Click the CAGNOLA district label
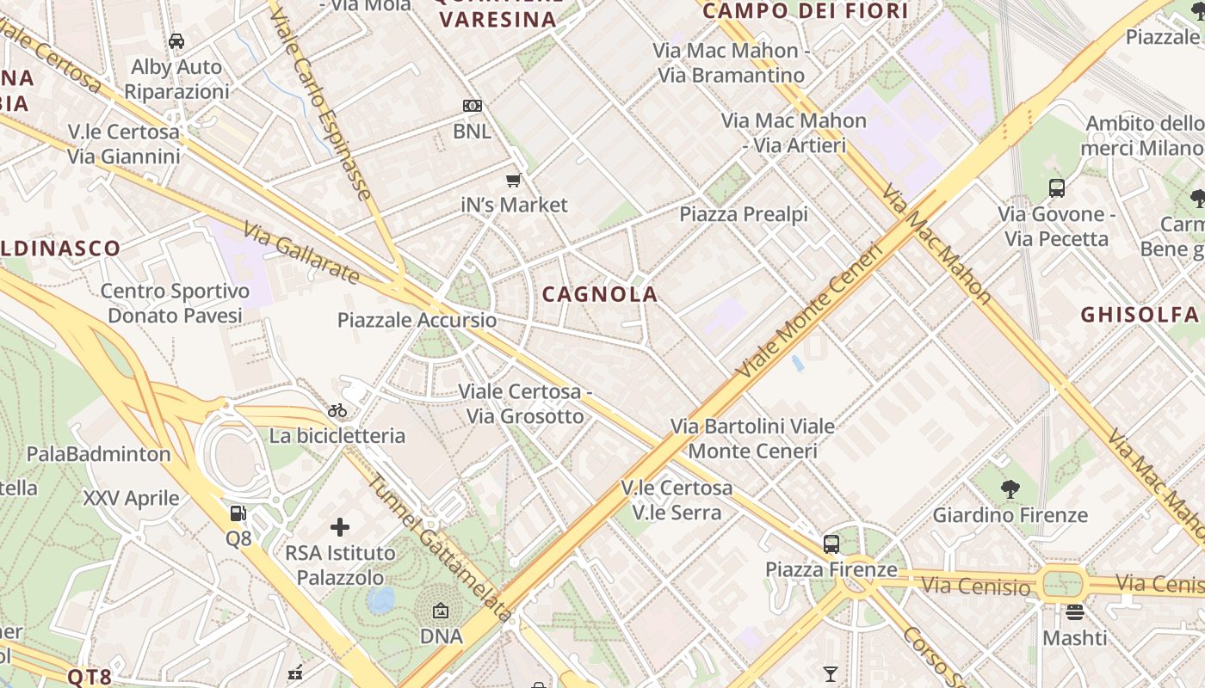(600, 294)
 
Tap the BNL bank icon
(472, 106)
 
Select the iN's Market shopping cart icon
(514, 180)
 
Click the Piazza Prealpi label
(744, 213)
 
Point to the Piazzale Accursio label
(417, 320)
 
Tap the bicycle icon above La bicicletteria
(337, 410)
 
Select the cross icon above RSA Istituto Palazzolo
(340, 526)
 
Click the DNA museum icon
(441, 611)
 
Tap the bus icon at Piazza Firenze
(831, 544)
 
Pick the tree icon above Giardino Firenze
(1010, 489)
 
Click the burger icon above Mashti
(1074, 612)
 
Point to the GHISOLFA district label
(1140, 314)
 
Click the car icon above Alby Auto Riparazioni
(176, 41)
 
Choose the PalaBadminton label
(99, 453)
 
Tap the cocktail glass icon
(831, 674)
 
